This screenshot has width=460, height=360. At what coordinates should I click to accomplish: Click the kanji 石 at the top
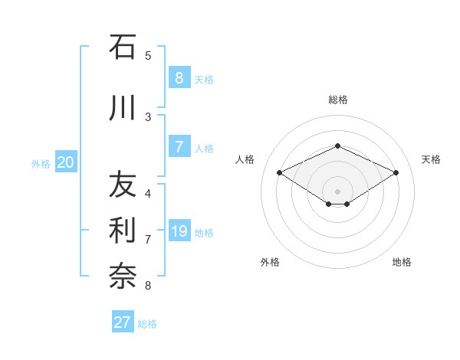(x=122, y=47)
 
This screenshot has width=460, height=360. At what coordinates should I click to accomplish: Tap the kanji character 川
(x=122, y=109)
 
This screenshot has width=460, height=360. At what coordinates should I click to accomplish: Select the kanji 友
(x=122, y=185)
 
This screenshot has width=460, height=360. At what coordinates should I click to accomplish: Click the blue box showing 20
(x=66, y=162)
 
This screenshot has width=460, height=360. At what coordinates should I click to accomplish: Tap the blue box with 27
(x=122, y=322)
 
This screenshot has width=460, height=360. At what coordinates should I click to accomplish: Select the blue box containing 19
(x=179, y=231)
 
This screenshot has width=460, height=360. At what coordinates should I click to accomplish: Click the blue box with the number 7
(x=179, y=147)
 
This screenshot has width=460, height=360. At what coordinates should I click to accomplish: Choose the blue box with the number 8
(x=179, y=78)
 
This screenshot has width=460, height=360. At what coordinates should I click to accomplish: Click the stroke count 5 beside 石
(x=148, y=55)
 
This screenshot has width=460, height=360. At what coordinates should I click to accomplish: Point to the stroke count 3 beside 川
(x=148, y=116)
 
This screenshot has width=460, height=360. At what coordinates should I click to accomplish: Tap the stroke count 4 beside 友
(x=148, y=193)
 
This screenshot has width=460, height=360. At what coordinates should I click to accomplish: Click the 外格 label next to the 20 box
(x=41, y=163)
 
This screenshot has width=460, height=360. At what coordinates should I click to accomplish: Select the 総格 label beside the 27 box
(x=147, y=324)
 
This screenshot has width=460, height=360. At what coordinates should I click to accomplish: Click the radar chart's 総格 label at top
(x=337, y=100)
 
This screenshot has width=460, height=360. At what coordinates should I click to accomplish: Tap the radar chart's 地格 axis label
(x=402, y=262)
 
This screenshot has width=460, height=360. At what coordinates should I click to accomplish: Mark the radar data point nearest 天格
(x=396, y=173)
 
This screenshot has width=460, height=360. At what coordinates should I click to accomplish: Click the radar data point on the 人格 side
(x=279, y=173)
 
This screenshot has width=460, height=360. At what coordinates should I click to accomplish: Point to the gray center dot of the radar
(x=337, y=191)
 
